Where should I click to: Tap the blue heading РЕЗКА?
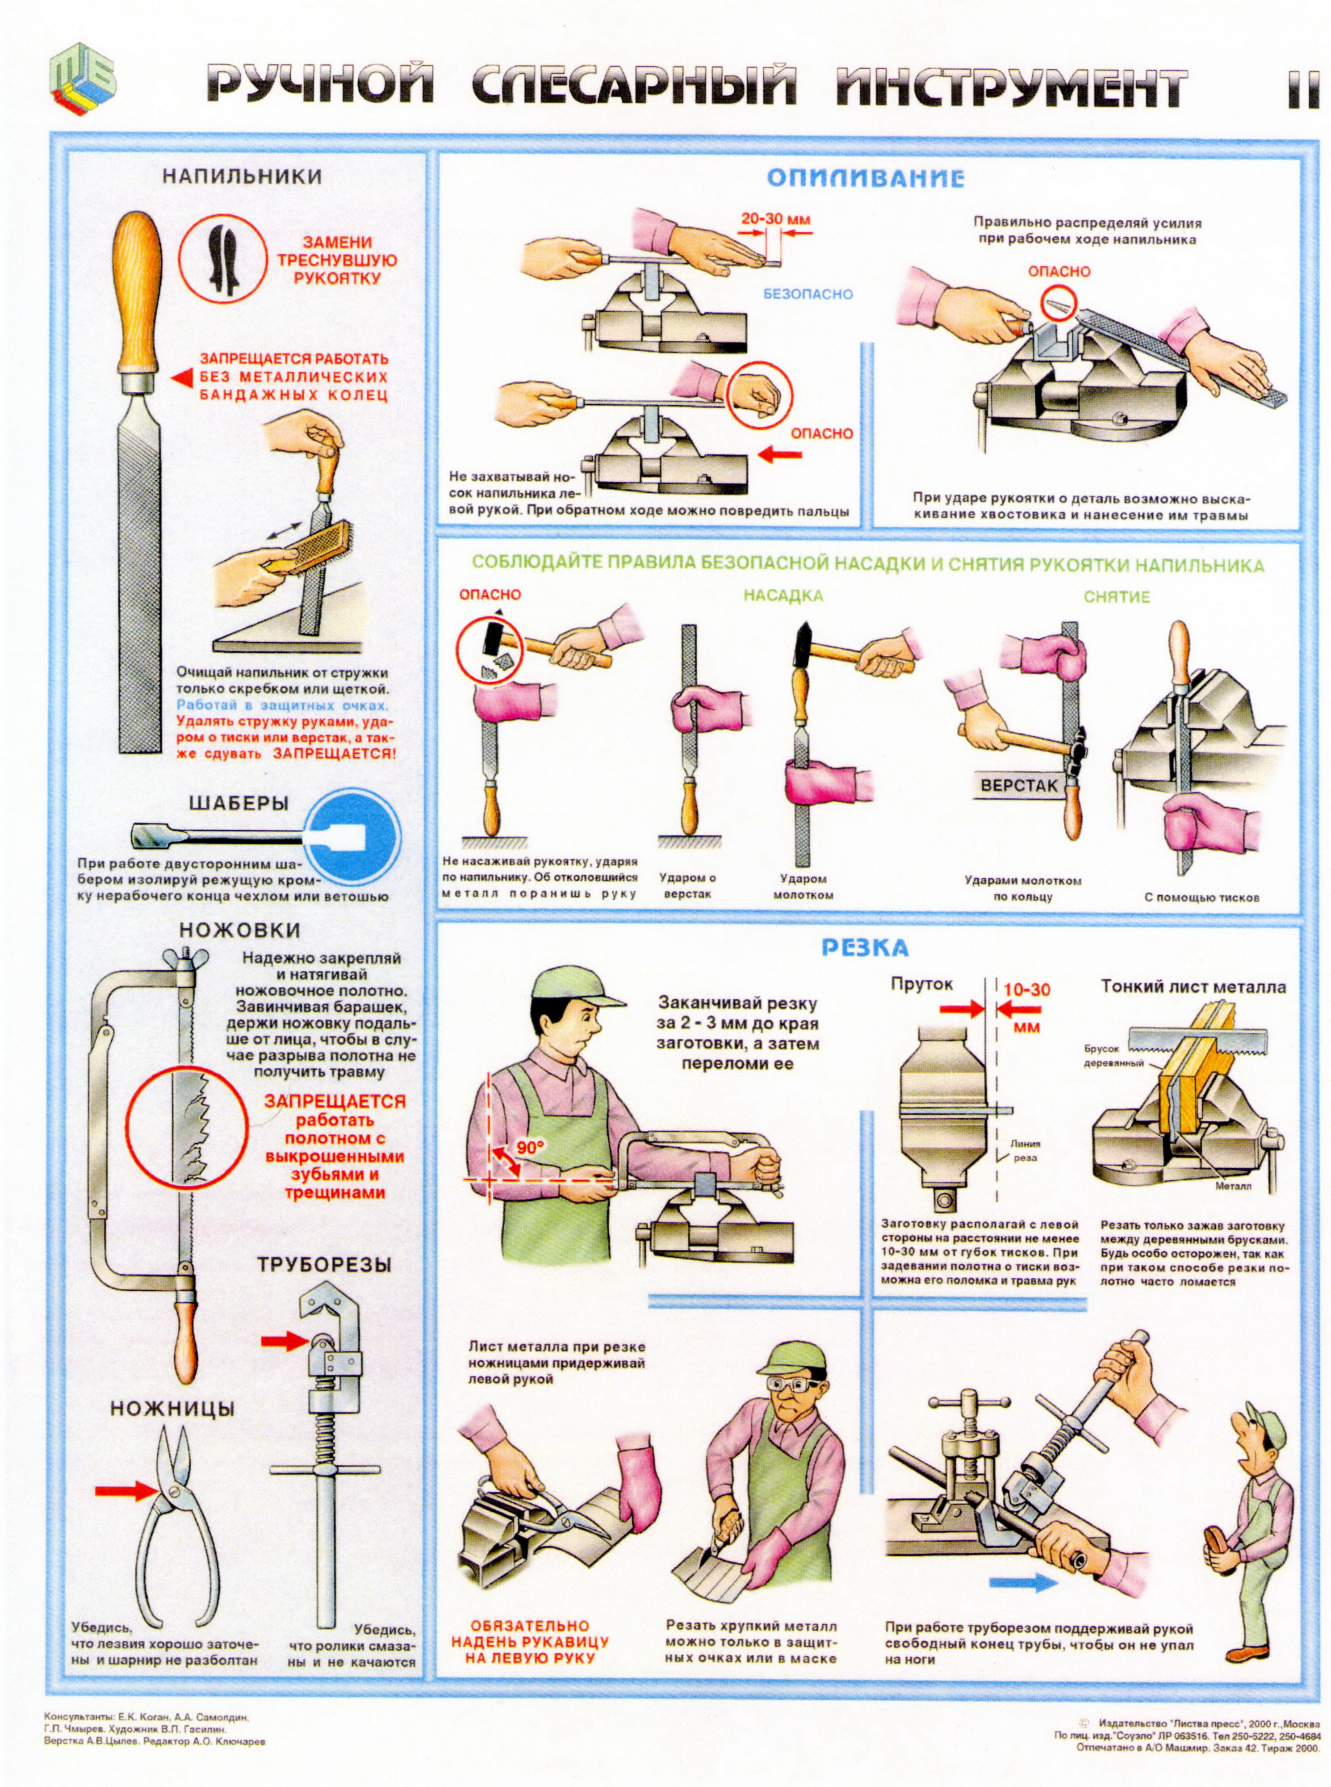click(x=865, y=948)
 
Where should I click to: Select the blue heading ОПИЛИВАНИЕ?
click(x=865, y=178)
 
